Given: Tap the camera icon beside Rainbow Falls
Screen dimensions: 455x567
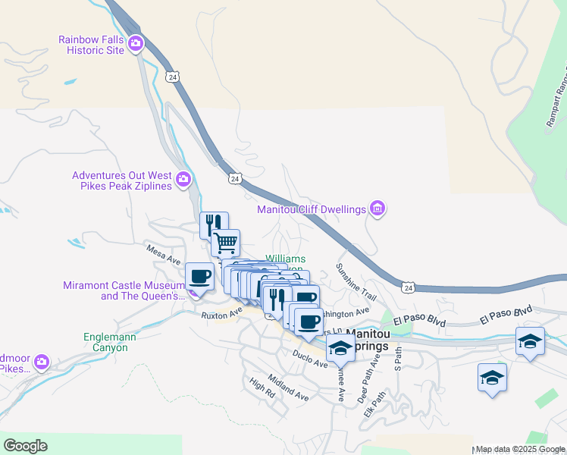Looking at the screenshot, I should (x=136, y=43).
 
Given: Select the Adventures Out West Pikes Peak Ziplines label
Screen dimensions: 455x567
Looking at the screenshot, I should (x=122, y=180).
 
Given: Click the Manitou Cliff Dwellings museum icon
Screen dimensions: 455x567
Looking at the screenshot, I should (x=377, y=209).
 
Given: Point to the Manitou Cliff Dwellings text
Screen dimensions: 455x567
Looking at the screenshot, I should (x=312, y=209).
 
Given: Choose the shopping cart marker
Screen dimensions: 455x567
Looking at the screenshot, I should (x=225, y=243).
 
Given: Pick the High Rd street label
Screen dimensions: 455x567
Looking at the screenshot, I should (x=262, y=388).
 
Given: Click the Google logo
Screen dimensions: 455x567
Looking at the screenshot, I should (x=25, y=446).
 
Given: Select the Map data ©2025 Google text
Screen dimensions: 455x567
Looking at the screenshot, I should (x=520, y=449).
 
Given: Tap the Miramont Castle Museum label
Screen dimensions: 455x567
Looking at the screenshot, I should (x=124, y=290).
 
